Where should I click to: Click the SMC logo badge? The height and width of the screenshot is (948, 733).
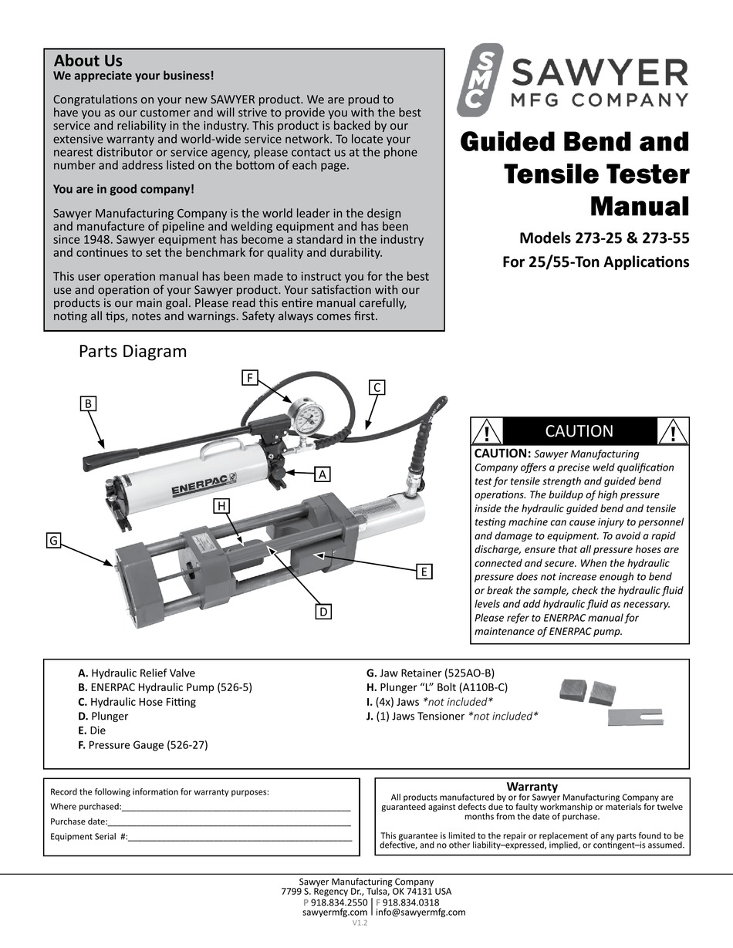click(480, 79)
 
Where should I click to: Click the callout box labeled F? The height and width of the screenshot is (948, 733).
click(249, 377)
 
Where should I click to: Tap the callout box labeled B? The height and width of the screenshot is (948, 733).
click(89, 403)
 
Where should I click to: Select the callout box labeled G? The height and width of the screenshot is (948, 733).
click(54, 541)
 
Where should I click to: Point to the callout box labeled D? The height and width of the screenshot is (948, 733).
click(324, 612)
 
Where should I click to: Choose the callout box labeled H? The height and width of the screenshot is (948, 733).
click(222, 506)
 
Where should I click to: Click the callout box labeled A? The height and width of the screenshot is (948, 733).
click(323, 475)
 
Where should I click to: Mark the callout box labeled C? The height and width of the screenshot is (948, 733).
click(377, 387)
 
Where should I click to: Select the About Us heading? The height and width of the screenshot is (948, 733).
click(88, 60)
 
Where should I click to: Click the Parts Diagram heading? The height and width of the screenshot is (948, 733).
click(133, 352)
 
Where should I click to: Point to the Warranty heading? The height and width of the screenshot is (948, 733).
click(532, 786)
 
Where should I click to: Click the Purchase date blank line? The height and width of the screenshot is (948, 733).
click(228, 821)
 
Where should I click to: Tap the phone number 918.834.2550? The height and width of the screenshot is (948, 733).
click(339, 902)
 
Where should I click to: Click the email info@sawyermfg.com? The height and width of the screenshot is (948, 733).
click(421, 913)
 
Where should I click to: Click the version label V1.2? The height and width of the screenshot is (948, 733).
click(360, 923)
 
